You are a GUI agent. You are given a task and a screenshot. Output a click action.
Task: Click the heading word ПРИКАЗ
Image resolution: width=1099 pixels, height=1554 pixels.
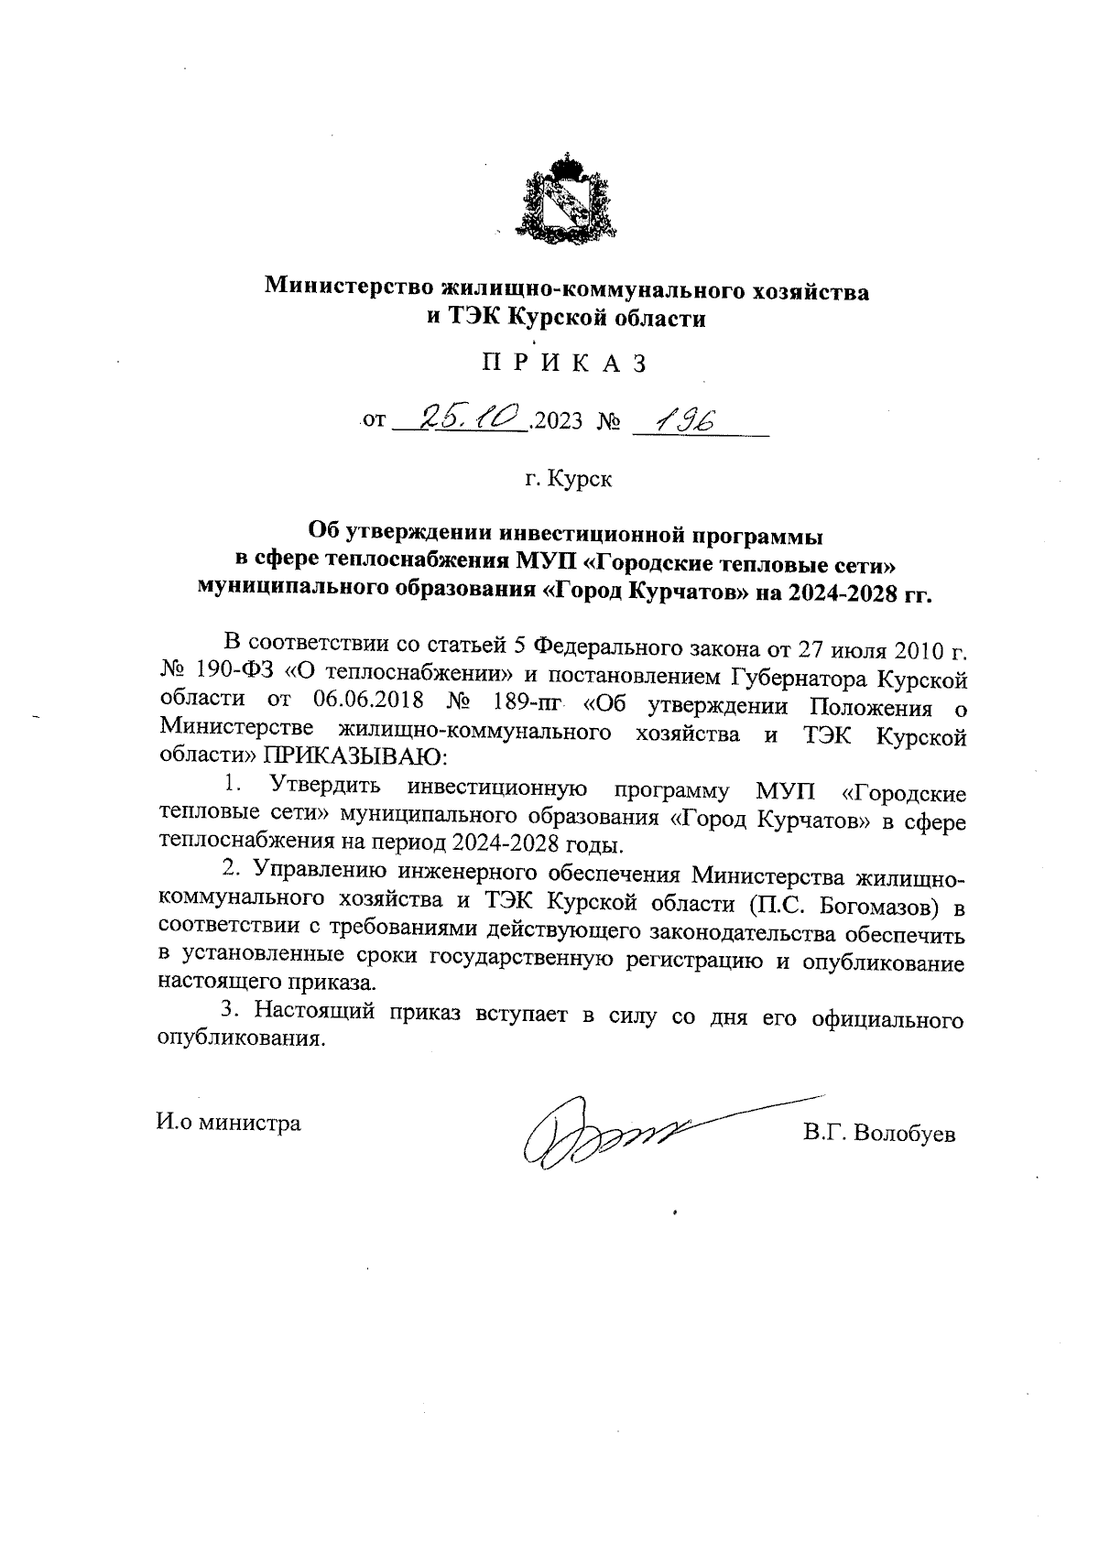[x=565, y=364]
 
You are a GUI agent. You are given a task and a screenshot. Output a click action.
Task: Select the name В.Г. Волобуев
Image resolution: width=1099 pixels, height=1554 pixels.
[x=879, y=1134]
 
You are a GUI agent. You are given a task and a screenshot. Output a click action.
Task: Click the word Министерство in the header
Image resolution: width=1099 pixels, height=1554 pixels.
[x=350, y=288]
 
